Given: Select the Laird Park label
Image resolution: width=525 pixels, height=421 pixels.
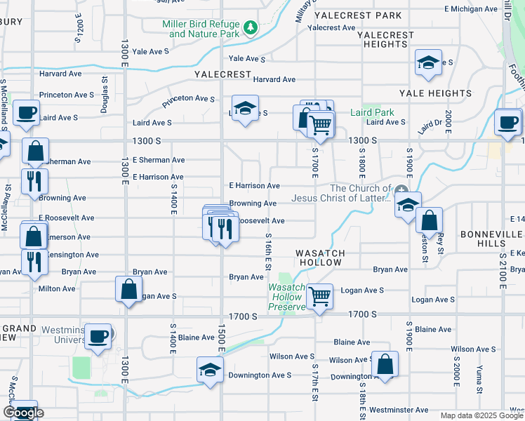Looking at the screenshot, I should pyautogui.click(x=372, y=112).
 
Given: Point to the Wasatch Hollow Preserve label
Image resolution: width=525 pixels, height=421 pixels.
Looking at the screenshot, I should pyautogui.click(x=286, y=297).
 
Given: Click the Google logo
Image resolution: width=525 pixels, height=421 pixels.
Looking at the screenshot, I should pyautogui.click(x=23, y=413).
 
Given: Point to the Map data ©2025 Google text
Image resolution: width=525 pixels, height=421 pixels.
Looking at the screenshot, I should pyautogui.click(x=481, y=415).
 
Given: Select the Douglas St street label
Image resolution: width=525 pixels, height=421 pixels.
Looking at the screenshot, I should pyautogui.click(x=105, y=104).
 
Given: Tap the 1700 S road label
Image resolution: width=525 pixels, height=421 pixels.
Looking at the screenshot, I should pyautogui.click(x=244, y=316).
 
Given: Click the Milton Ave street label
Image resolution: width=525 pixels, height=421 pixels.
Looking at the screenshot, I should pyautogui.click(x=57, y=288).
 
